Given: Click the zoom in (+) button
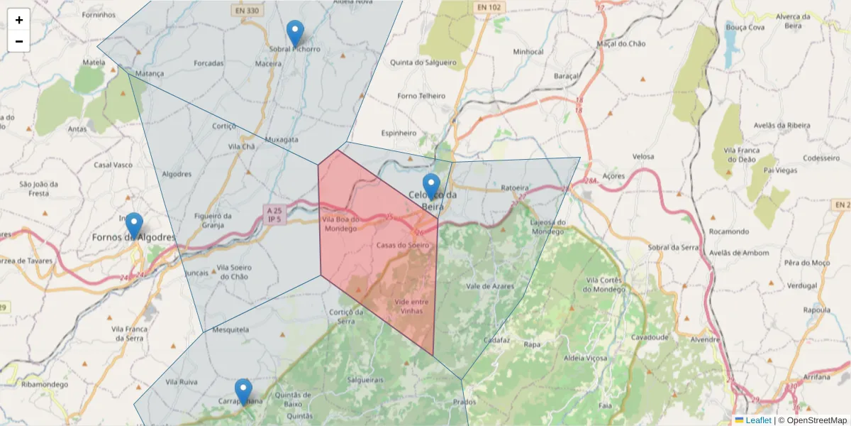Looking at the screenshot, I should tap(19, 20).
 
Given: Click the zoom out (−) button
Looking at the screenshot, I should tap(19, 41).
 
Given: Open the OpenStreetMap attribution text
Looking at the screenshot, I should tap(813, 420).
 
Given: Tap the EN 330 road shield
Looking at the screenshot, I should tap(247, 10).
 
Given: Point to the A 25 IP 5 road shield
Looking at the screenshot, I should tap(273, 215).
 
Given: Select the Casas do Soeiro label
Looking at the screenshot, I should tap(403, 245).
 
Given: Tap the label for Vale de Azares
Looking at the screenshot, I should tap(490, 285).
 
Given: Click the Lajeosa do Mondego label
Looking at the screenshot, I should tap(547, 226).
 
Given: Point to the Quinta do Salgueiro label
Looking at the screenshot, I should tap(423, 62).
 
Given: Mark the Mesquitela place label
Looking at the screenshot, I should tap(231, 329).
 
